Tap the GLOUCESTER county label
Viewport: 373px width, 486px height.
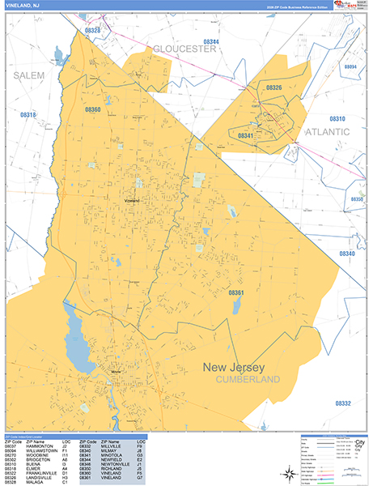coord(185,49)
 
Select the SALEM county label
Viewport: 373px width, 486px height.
coord(29,75)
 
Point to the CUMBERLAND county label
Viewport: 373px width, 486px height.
coord(247,379)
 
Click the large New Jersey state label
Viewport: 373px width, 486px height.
coord(242,367)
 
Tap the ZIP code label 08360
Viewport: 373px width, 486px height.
coord(91,109)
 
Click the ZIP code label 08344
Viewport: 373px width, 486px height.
coord(210,40)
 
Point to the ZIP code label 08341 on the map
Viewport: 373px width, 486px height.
coord(246,135)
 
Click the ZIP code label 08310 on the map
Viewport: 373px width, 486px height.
coord(337,119)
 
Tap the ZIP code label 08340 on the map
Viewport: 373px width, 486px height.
coord(347,254)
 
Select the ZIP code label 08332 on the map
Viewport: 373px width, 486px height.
coord(342,403)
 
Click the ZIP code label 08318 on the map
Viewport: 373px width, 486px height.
coord(28,115)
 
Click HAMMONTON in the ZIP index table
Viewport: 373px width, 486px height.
coord(38,446)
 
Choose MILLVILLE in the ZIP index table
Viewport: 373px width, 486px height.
coord(111,446)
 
